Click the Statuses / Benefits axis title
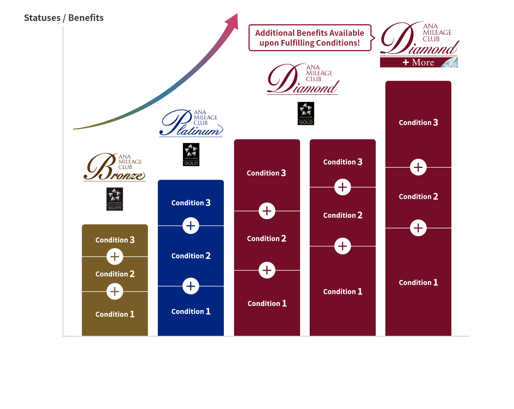coord(63,18)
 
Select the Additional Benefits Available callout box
coord(310,38)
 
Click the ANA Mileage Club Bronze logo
coord(114,167)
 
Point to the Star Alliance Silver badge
coord(114,199)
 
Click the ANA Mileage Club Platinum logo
coord(191,123)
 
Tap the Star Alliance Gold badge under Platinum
coord(191,155)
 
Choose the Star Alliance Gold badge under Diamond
coord(306,113)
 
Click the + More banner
coord(419,62)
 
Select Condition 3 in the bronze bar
coord(115,240)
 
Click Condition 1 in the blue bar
coord(191,311)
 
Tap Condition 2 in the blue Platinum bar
coord(191,256)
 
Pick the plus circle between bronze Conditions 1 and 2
coord(115,292)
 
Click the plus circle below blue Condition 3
coord(191,226)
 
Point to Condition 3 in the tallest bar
coord(418,123)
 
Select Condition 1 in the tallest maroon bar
coord(418,282)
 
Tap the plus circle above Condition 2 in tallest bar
coord(418,167)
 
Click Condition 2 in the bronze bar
coord(115,274)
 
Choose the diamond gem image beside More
coord(450,62)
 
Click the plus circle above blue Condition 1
coord(191,286)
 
